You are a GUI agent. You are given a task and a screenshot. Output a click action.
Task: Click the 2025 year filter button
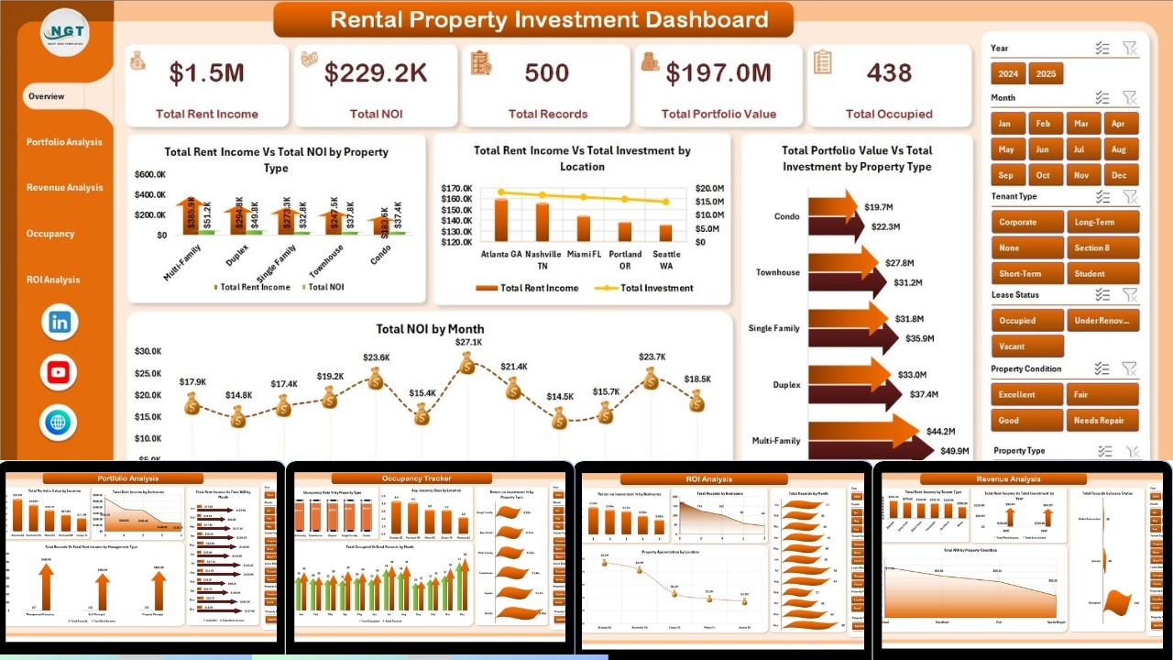1046,73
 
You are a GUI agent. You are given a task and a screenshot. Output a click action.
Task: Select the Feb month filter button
1044,124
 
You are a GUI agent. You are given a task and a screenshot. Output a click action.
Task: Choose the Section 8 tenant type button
1102,247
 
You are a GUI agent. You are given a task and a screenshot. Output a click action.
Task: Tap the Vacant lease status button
1027,346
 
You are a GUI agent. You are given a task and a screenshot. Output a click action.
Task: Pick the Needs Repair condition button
1102,421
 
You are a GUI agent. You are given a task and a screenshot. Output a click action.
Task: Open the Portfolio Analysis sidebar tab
64,142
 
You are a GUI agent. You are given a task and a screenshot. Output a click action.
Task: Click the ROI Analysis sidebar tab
53,280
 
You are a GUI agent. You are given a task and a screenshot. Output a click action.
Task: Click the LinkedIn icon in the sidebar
60,322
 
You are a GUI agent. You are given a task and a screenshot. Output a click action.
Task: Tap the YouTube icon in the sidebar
60,372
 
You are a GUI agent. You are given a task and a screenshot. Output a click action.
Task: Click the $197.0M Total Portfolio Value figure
718,73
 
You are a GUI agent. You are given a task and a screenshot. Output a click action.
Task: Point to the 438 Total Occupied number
889,73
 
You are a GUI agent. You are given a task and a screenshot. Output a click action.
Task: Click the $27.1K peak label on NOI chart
467,342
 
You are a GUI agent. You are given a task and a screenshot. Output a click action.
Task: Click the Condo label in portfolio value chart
786,216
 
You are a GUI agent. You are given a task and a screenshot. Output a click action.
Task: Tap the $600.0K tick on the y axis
150,174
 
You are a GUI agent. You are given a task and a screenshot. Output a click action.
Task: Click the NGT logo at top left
65,32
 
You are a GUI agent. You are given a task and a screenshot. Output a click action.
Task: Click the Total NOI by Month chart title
430,329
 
